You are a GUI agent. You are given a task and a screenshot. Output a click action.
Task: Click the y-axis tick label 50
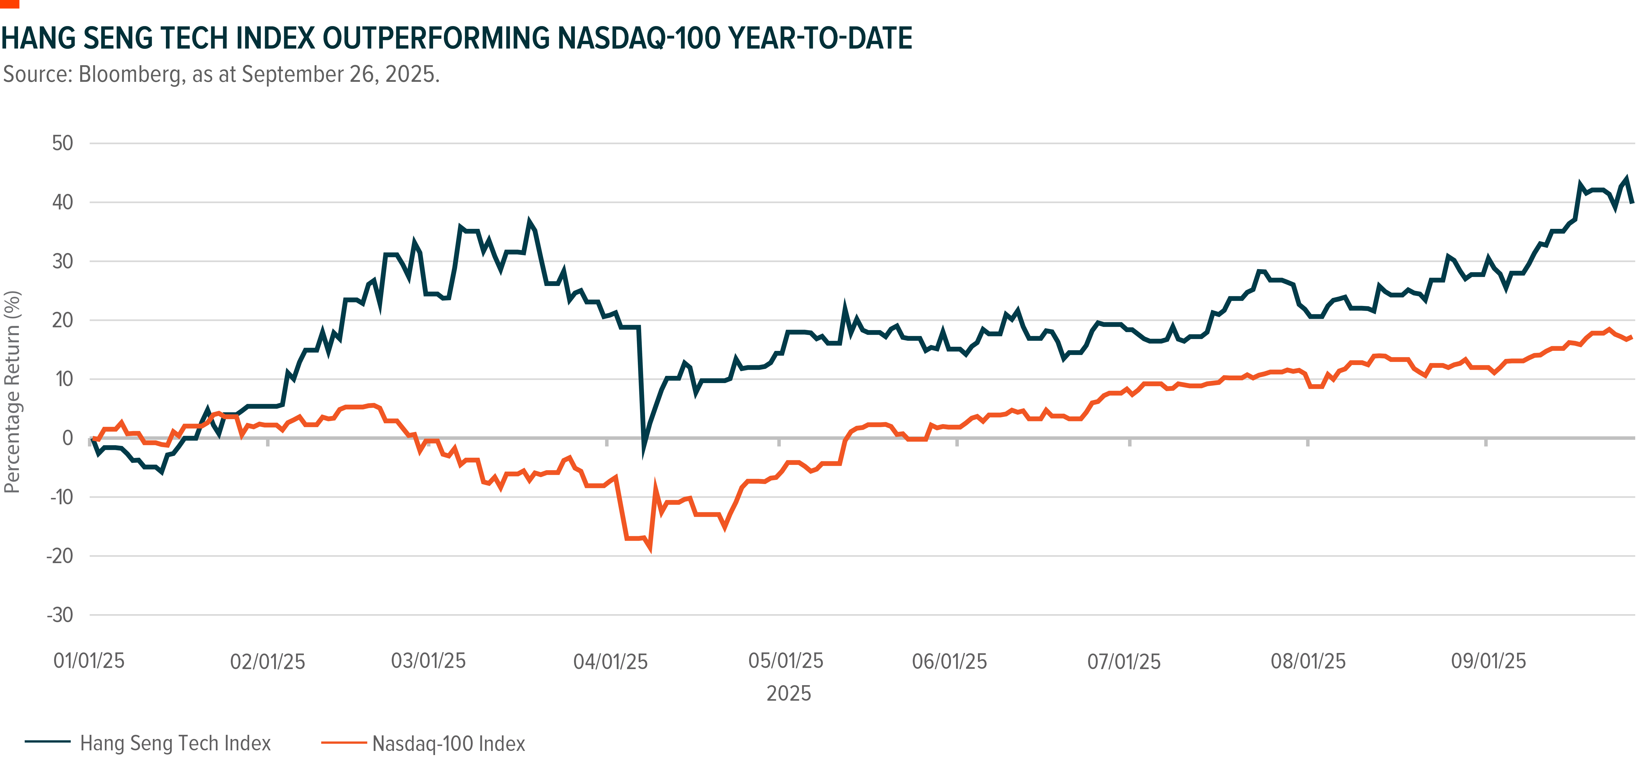(x=62, y=143)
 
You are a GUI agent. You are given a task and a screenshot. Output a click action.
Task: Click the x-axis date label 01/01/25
(x=89, y=661)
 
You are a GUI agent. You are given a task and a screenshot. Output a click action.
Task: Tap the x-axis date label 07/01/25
(x=1124, y=662)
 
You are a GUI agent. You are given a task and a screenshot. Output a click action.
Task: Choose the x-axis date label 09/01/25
(x=1488, y=661)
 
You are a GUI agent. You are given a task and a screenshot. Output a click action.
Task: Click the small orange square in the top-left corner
(x=9, y=4)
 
